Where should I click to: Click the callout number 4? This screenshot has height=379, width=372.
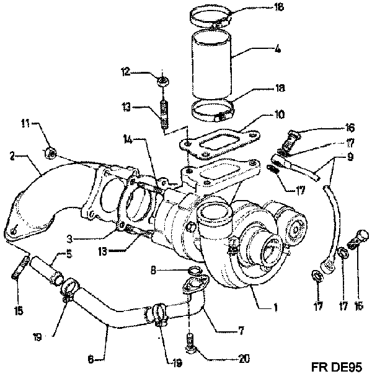(278, 50)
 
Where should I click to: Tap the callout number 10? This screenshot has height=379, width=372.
(280, 114)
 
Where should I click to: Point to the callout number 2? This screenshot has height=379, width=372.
(12, 156)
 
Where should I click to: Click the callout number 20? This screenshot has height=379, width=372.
(244, 359)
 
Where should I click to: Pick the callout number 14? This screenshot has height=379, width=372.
(128, 139)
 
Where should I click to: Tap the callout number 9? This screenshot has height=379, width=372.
(350, 157)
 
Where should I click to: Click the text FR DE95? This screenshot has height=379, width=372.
(337, 367)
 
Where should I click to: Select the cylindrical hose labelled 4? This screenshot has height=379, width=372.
(211, 65)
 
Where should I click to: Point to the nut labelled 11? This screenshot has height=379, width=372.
(51, 153)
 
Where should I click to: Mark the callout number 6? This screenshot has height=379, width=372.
(91, 360)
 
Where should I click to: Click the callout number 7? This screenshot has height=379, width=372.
(241, 331)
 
